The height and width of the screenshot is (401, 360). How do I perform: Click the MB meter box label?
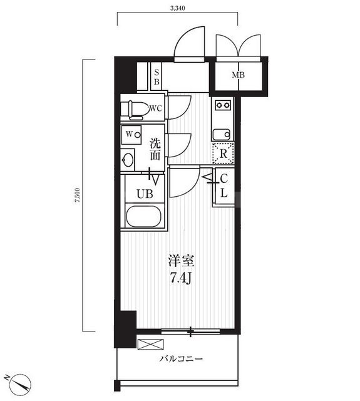click(x=239, y=76)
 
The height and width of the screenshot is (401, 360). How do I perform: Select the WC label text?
click(x=156, y=108)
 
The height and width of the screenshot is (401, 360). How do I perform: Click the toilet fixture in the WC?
click(x=135, y=109)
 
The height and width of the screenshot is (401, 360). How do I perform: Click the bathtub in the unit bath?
click(x=144, y=217)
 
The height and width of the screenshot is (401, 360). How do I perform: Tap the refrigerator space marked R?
click(x=222, y=152)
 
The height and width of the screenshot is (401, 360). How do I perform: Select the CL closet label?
click(x=224, y=186)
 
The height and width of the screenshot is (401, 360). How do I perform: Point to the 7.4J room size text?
click(x=180, y=277)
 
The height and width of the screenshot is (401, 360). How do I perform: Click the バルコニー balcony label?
click(x=181, y=360)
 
